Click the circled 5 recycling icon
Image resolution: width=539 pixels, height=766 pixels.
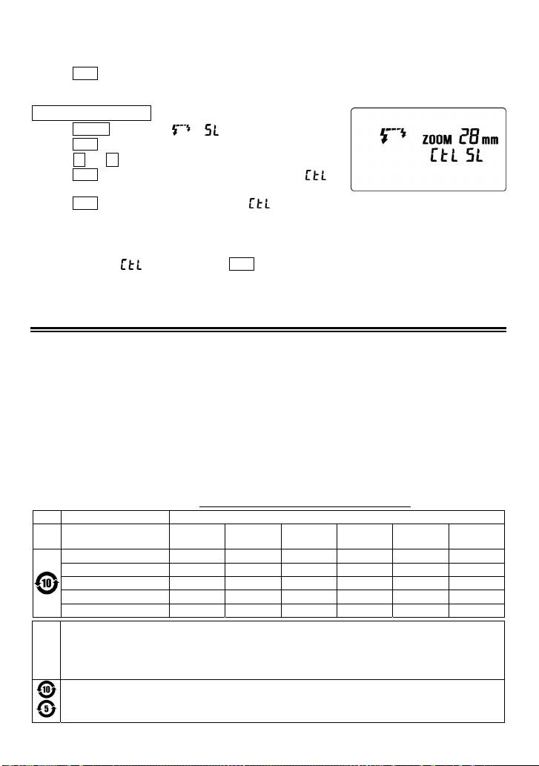click(47, 710)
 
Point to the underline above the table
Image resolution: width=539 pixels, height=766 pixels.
click(306, 507)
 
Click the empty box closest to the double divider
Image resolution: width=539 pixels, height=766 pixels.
click(241, 263)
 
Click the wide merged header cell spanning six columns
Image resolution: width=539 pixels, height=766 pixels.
click(337, 517)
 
